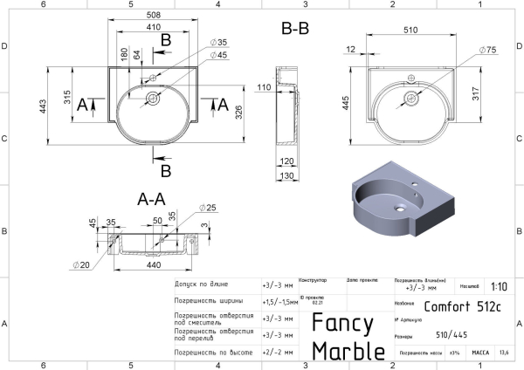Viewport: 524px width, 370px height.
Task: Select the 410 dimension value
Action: [x=153, y=27]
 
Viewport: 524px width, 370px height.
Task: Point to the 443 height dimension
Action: [x=54, y=107]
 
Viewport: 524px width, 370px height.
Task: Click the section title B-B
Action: [x=295, y=28]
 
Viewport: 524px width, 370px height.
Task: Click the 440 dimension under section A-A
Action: [x=153, y=264]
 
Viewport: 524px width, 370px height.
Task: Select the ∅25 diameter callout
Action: [x=207, y=208]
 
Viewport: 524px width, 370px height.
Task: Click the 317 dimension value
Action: [x=476, y=92]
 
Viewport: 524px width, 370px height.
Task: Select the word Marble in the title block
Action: [x=348, y=351]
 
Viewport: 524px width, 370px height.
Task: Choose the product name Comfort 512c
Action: [x=462, y=306]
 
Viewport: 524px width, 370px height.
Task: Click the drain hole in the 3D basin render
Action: [x=398, y=208]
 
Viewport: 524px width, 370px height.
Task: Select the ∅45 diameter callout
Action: [x=218, y=55]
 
